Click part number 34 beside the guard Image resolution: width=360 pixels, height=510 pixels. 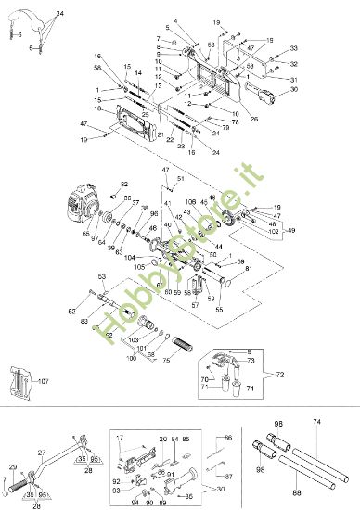(60, 13)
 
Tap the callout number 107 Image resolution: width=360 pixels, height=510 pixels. (42, 380)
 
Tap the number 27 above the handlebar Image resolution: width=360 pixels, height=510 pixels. (42, 453)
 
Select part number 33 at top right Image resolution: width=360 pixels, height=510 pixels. (294, 47)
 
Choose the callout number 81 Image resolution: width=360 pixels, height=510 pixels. (248, 269)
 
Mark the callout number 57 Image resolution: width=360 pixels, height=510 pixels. (195, 304)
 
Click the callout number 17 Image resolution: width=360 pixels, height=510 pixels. (120, 436)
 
